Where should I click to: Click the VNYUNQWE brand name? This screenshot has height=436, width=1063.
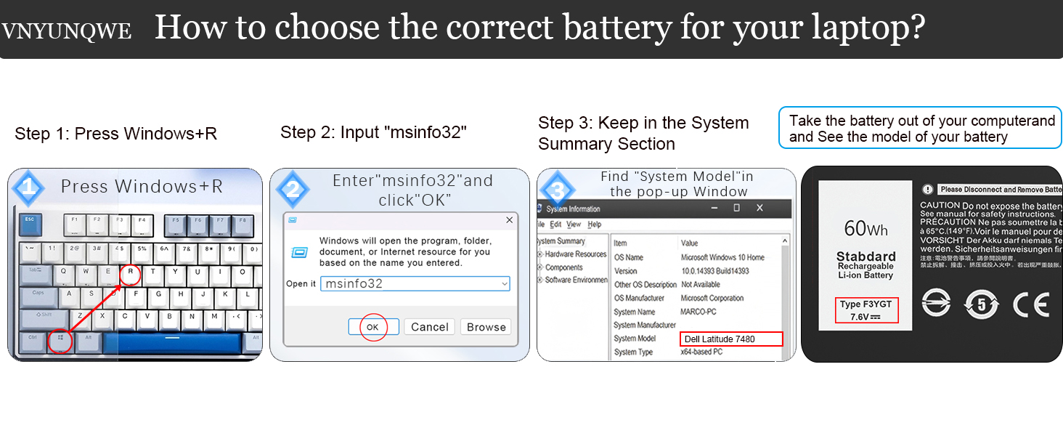tap(66, 31)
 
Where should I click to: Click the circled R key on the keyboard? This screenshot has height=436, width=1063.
tap(130, 274)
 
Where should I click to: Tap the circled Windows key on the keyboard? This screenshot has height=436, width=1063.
tap(60, 339)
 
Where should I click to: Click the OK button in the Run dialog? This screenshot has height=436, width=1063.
tap(373, 327)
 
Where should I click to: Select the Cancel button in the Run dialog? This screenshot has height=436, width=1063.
tap(429, 327)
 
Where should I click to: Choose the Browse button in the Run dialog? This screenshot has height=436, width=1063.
tap(486, 327)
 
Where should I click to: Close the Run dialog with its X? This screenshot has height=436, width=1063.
tap(509, 219)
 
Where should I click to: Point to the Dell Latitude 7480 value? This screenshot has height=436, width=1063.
tap(731, 339)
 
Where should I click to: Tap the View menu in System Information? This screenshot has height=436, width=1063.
tap(574, 225)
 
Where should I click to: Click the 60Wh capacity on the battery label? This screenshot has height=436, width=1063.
tap(866, 229)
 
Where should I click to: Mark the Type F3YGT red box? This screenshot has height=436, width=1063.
tap(866, 310)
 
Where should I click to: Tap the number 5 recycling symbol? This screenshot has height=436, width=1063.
tap(982, 305)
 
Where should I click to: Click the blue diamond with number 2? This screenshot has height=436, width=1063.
tap(292, 190)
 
